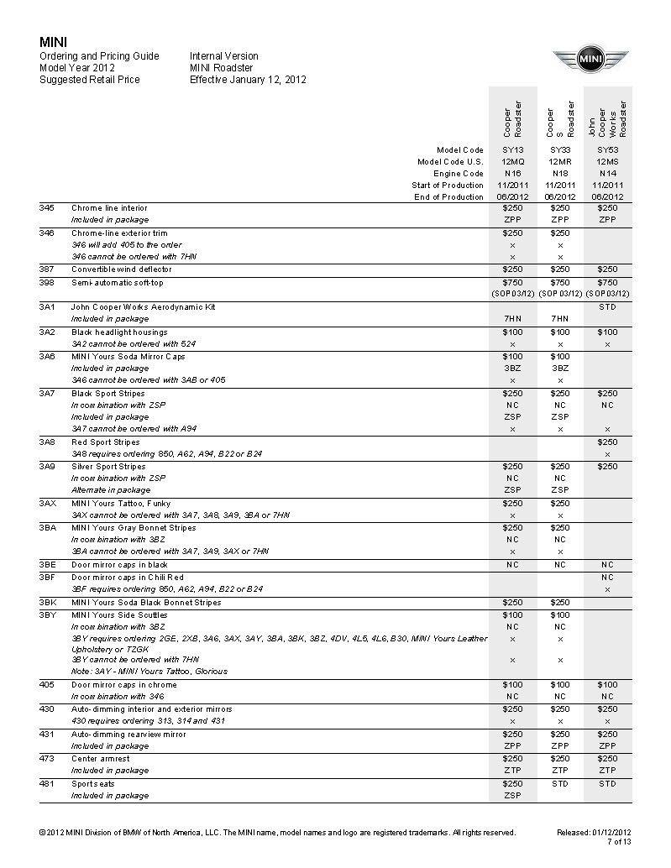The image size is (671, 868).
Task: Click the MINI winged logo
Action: [590, 60]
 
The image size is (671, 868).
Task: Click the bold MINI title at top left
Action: [54, 42]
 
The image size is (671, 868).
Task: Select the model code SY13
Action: [512, 149]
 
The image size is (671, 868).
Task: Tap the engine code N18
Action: [559, 173]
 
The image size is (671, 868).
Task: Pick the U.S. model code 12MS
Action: [607, 161]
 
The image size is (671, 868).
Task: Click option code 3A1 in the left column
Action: [47, 307]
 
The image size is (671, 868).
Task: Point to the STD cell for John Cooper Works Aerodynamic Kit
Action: [607, 307]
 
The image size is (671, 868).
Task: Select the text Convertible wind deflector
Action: [121, 269]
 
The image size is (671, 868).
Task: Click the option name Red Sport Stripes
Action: [105, 442]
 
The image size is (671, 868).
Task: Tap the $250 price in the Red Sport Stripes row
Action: [607, 442]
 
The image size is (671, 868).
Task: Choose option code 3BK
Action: [48, 603]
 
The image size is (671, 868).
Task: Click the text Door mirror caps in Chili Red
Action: [127, 578]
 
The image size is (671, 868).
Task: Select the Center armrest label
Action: [100, 759]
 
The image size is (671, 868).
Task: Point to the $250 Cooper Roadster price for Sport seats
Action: [512, 783]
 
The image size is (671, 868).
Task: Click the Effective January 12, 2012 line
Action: [248, 80]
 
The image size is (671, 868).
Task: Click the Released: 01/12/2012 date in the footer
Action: [594, 832]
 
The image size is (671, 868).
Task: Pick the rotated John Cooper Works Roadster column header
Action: [607, 118]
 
